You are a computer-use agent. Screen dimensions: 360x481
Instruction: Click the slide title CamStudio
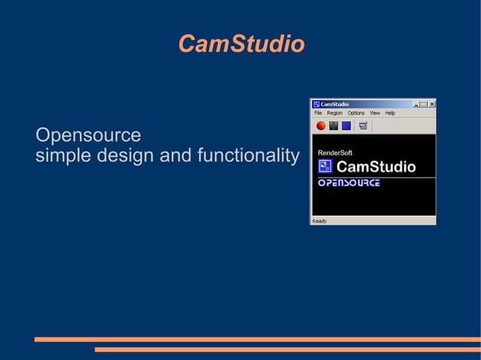pos(241,44)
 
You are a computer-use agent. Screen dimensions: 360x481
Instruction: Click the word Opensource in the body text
pos(88,136)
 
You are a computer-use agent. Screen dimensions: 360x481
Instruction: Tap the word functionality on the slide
pos(247,156)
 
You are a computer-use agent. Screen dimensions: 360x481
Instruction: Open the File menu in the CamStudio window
pos(318,113)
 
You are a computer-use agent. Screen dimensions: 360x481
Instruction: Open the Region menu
pos(334,113)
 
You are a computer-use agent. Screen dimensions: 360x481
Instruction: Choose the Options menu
pos(356,113)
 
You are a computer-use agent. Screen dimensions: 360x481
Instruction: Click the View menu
pos(375,113)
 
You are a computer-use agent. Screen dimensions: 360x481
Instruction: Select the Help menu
pos(390,113)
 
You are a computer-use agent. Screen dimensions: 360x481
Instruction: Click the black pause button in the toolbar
pos(333,126)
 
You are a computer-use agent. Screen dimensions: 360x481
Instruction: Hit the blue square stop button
pos(346,126)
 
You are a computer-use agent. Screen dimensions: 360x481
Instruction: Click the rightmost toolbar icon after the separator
pos(363,126)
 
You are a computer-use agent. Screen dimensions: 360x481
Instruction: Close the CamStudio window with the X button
pos(431,104)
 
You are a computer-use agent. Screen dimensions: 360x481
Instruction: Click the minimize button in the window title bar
pos(415,104)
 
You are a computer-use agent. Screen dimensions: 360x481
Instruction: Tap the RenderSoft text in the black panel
pos(335,152)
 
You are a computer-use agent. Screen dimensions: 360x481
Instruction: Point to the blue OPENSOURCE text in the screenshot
pos(348,183)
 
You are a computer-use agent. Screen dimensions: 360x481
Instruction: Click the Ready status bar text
pos(320,221)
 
